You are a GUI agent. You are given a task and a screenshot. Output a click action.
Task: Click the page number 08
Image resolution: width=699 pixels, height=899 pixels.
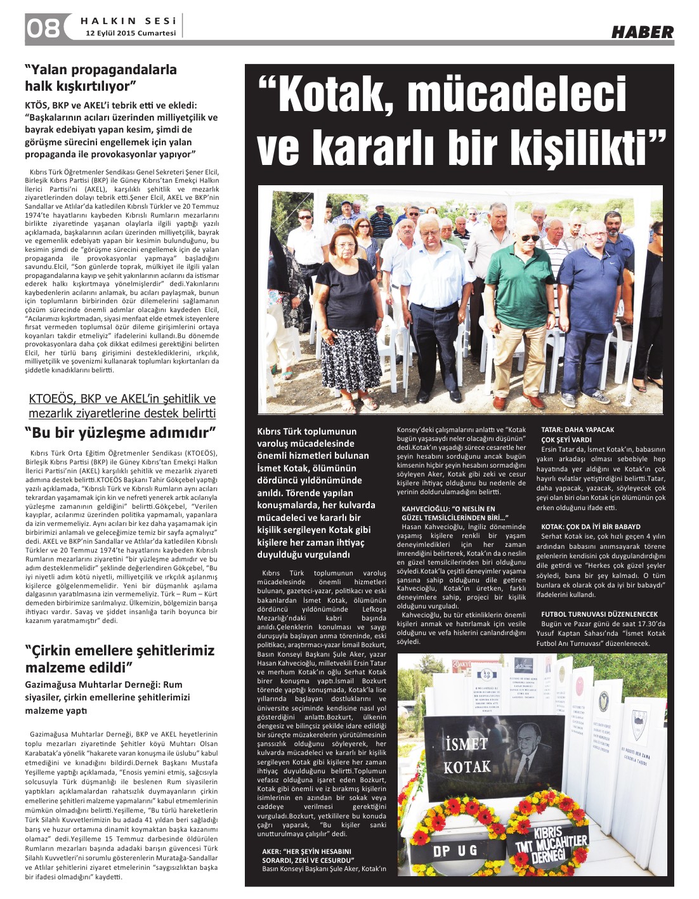pyautogui.click(x=42, y=29)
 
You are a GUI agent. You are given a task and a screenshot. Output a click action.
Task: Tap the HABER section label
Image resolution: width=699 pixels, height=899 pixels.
pyautogui.click(x=642, y=32)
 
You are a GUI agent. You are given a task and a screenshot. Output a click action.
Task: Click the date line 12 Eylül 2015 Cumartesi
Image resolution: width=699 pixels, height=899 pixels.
pyautogui.click(x=131, y=33)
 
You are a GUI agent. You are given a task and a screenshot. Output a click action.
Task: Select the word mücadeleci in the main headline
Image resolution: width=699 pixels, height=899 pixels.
pyautogui.click(x=516, y=94)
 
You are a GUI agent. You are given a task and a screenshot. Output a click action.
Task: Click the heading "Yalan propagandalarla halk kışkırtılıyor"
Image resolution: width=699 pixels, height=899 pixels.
pyautogui.click(x=101, y=77)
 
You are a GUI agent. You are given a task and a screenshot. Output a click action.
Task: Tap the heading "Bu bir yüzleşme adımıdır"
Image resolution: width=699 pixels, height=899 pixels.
pyautogui.click(x=121, y=433)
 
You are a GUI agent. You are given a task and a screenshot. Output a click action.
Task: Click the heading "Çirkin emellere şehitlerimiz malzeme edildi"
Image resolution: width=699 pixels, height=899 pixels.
pyautogui.click(x=120, y=659)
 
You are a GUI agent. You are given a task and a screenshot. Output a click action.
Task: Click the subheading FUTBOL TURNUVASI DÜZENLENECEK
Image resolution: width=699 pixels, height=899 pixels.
pyautogui.click(x=599, y=614)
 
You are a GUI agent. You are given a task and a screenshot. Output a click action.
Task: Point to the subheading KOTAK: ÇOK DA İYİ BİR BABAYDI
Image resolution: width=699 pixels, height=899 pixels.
pyautogui.click(x=590, y=527)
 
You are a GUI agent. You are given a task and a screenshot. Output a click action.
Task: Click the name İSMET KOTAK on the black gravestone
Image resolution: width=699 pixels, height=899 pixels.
pyautogui.click(x=467, y=755)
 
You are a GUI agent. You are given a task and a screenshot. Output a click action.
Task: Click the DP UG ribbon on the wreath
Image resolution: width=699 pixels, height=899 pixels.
pyautogui.click(x=455, y=851)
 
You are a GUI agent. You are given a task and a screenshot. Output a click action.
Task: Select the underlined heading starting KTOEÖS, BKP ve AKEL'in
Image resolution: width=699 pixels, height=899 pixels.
pyautogui.click(x=122, y=406)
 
